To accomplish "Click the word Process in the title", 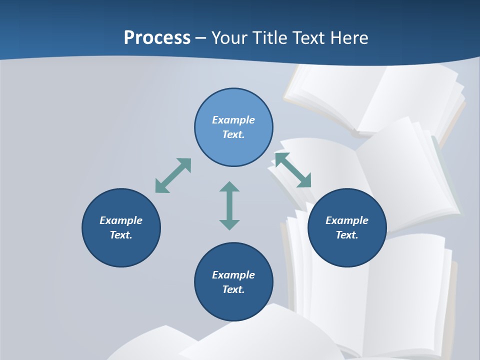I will point(157,37).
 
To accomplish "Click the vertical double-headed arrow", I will point(229,205).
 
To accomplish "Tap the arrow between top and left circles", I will point(173,175).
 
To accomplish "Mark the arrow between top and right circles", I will point(293,170).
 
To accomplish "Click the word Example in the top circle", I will point(233,120).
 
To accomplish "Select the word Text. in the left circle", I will point(121,235).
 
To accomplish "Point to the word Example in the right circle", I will point(347,220).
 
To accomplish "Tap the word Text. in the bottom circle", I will point(233,289).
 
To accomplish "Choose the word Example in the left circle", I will point(121,220).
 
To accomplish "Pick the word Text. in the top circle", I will point(233,134).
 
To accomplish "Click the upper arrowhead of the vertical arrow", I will point(229,187).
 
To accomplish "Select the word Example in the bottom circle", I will point(233,275).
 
